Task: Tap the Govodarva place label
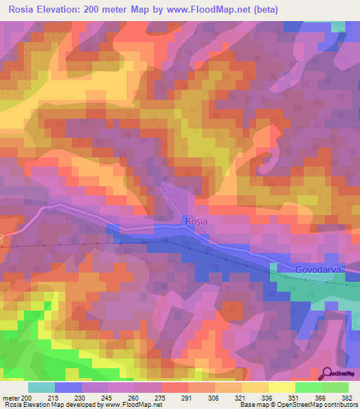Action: pos(317,269)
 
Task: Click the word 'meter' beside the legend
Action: pos(11,398)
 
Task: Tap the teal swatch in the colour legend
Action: pos(41,387)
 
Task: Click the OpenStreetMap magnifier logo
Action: pos(328,374)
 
